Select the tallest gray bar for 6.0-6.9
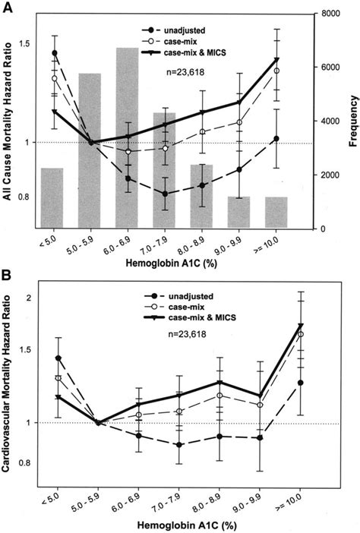tap(127, 137)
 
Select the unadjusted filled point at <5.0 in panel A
tap(55, 53)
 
